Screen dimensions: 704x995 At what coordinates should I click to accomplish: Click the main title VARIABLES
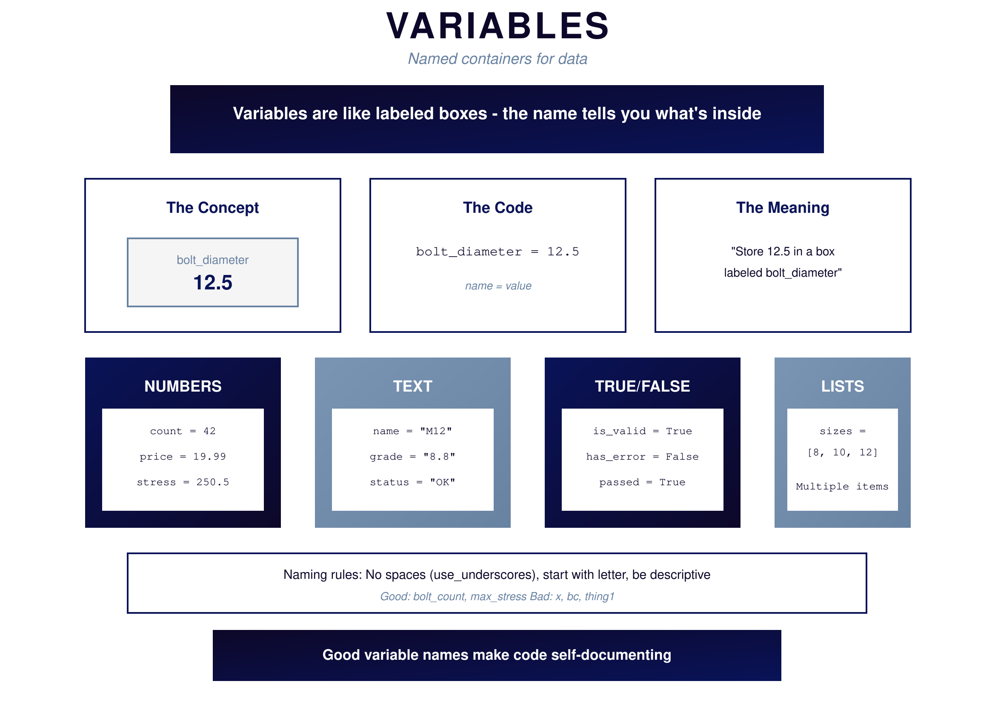[x=497, y=26]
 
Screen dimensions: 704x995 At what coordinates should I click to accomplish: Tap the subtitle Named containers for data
[x=497, y=58]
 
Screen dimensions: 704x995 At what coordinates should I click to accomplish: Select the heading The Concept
[x=212, y=208]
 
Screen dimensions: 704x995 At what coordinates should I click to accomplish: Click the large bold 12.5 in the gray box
[x=212, y=283]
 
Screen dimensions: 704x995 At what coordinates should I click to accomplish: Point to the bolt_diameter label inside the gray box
[x=212, y=260]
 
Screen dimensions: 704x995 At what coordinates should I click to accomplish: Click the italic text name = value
[x=498, y=286]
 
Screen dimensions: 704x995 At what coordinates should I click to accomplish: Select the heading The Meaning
[x=782, y=208]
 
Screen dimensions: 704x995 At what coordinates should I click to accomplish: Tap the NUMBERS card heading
[x=183, y=386]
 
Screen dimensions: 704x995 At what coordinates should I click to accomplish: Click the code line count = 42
[x=183, y=431]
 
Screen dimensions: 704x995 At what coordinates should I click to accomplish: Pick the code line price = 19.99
[x=183, y=457]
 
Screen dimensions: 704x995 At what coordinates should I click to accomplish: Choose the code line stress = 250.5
[x=183, y=483]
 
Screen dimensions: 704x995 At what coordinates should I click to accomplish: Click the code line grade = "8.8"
[x=412, y=457]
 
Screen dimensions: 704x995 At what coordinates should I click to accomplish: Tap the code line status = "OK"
[x=412, y=483]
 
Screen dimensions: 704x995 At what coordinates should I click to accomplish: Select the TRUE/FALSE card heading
[x=642, y=386]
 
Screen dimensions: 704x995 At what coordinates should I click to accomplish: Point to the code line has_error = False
[x=642, y=457]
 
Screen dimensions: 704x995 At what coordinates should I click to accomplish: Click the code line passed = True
[x=642, y=483]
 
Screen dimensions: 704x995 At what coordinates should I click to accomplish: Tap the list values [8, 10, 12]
[x=843, y=452]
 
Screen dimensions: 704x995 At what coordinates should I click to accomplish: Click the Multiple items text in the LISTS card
[x=842, y=487]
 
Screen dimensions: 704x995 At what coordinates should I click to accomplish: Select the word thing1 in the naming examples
[x=600, y=597]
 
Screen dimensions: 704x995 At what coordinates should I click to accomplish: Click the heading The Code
[x=497, y=208]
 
